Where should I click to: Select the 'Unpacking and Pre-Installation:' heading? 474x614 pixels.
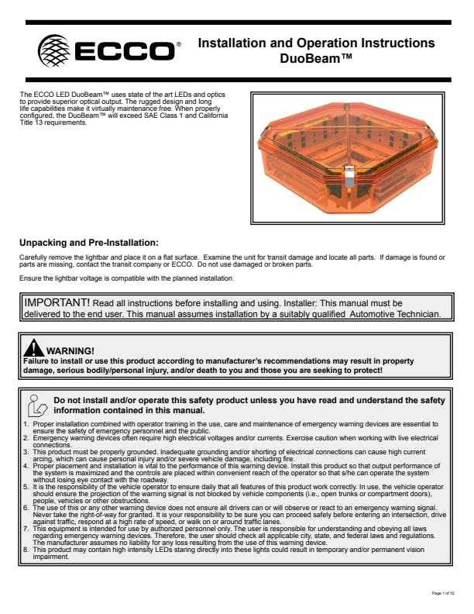pyautogui.click(x=89, y=242)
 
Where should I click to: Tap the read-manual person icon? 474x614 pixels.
pyautogui.click(x=36, y=404)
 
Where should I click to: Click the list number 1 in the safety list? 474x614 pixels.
pyautogui.click(x=26, y=423)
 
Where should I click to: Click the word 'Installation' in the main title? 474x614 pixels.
pyautogui.click(x=235, y=43)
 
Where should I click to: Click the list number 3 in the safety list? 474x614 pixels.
pyautogui.click(x=26, y=450)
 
